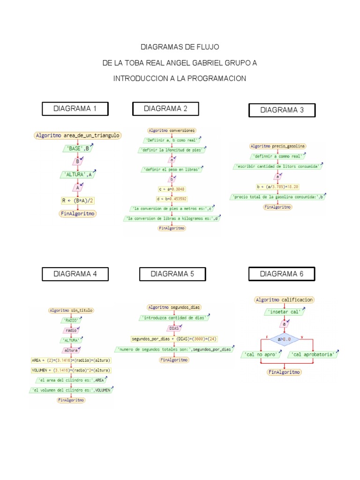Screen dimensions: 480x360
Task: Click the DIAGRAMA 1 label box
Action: click(x=75, y=109)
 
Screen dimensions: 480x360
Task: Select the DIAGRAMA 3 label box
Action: click(x=282, y=110)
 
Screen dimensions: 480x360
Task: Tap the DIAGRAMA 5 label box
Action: click(x=172, y=274)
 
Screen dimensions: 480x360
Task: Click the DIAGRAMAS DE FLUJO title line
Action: click(x=180, y=47)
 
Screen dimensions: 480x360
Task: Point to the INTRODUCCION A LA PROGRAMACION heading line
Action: click(x=180, y=78)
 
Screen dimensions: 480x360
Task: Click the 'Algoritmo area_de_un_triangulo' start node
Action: click(x=77, y=135)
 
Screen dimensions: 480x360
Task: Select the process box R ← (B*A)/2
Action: click(x=77, y=200)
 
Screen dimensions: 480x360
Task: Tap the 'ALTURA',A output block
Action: click(x=77, y=174)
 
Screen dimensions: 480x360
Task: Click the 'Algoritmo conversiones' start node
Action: click(x=172, y=130)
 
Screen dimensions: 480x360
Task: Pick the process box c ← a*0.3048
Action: click(x=172, y=189)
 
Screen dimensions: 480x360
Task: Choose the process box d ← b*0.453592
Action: click(x=172, y=199)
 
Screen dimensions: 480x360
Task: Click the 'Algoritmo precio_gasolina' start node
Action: click(x=278, y=146)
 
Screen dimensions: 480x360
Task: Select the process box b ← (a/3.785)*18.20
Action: click(x=278, y=187)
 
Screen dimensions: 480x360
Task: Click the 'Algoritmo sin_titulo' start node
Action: click(x=71, y=310)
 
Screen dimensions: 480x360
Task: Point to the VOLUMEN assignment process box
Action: click(x=71, y=370)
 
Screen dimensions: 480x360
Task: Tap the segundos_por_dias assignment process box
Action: click(x=174, y=338)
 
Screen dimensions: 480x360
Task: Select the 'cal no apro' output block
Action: click(x=261, y=355)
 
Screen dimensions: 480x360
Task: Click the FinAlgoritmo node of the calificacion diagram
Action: click(x=285, y=372)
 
